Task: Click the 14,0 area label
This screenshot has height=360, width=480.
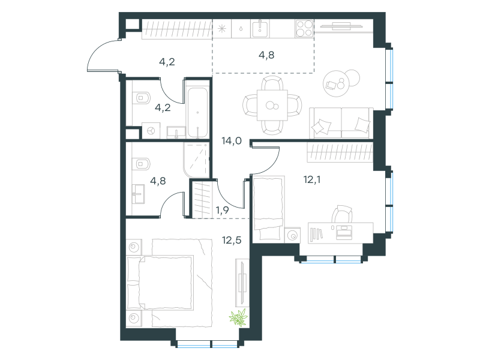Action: [232, 141]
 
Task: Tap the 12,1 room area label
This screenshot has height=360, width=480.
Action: [312, 179]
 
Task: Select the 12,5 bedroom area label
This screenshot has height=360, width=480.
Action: [232, 241]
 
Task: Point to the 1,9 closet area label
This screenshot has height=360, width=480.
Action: [222, 211]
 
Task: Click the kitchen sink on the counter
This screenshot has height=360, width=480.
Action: [260, 28]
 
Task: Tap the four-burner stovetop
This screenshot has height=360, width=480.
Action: [305, 28]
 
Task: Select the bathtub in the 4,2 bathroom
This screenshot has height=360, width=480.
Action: [198, 113]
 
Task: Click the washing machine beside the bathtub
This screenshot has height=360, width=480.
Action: [151, 131]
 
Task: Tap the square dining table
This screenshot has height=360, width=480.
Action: [272, 106]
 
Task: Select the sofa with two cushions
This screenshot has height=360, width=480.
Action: [341, 123]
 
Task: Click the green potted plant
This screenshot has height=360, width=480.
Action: [239, 317]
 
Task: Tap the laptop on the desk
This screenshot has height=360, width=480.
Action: [344, 232]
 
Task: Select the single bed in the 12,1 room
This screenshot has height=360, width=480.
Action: [268, 209]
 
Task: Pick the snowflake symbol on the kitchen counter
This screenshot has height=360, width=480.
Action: [222, 29]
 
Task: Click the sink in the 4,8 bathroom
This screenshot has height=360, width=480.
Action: [139, 194]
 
